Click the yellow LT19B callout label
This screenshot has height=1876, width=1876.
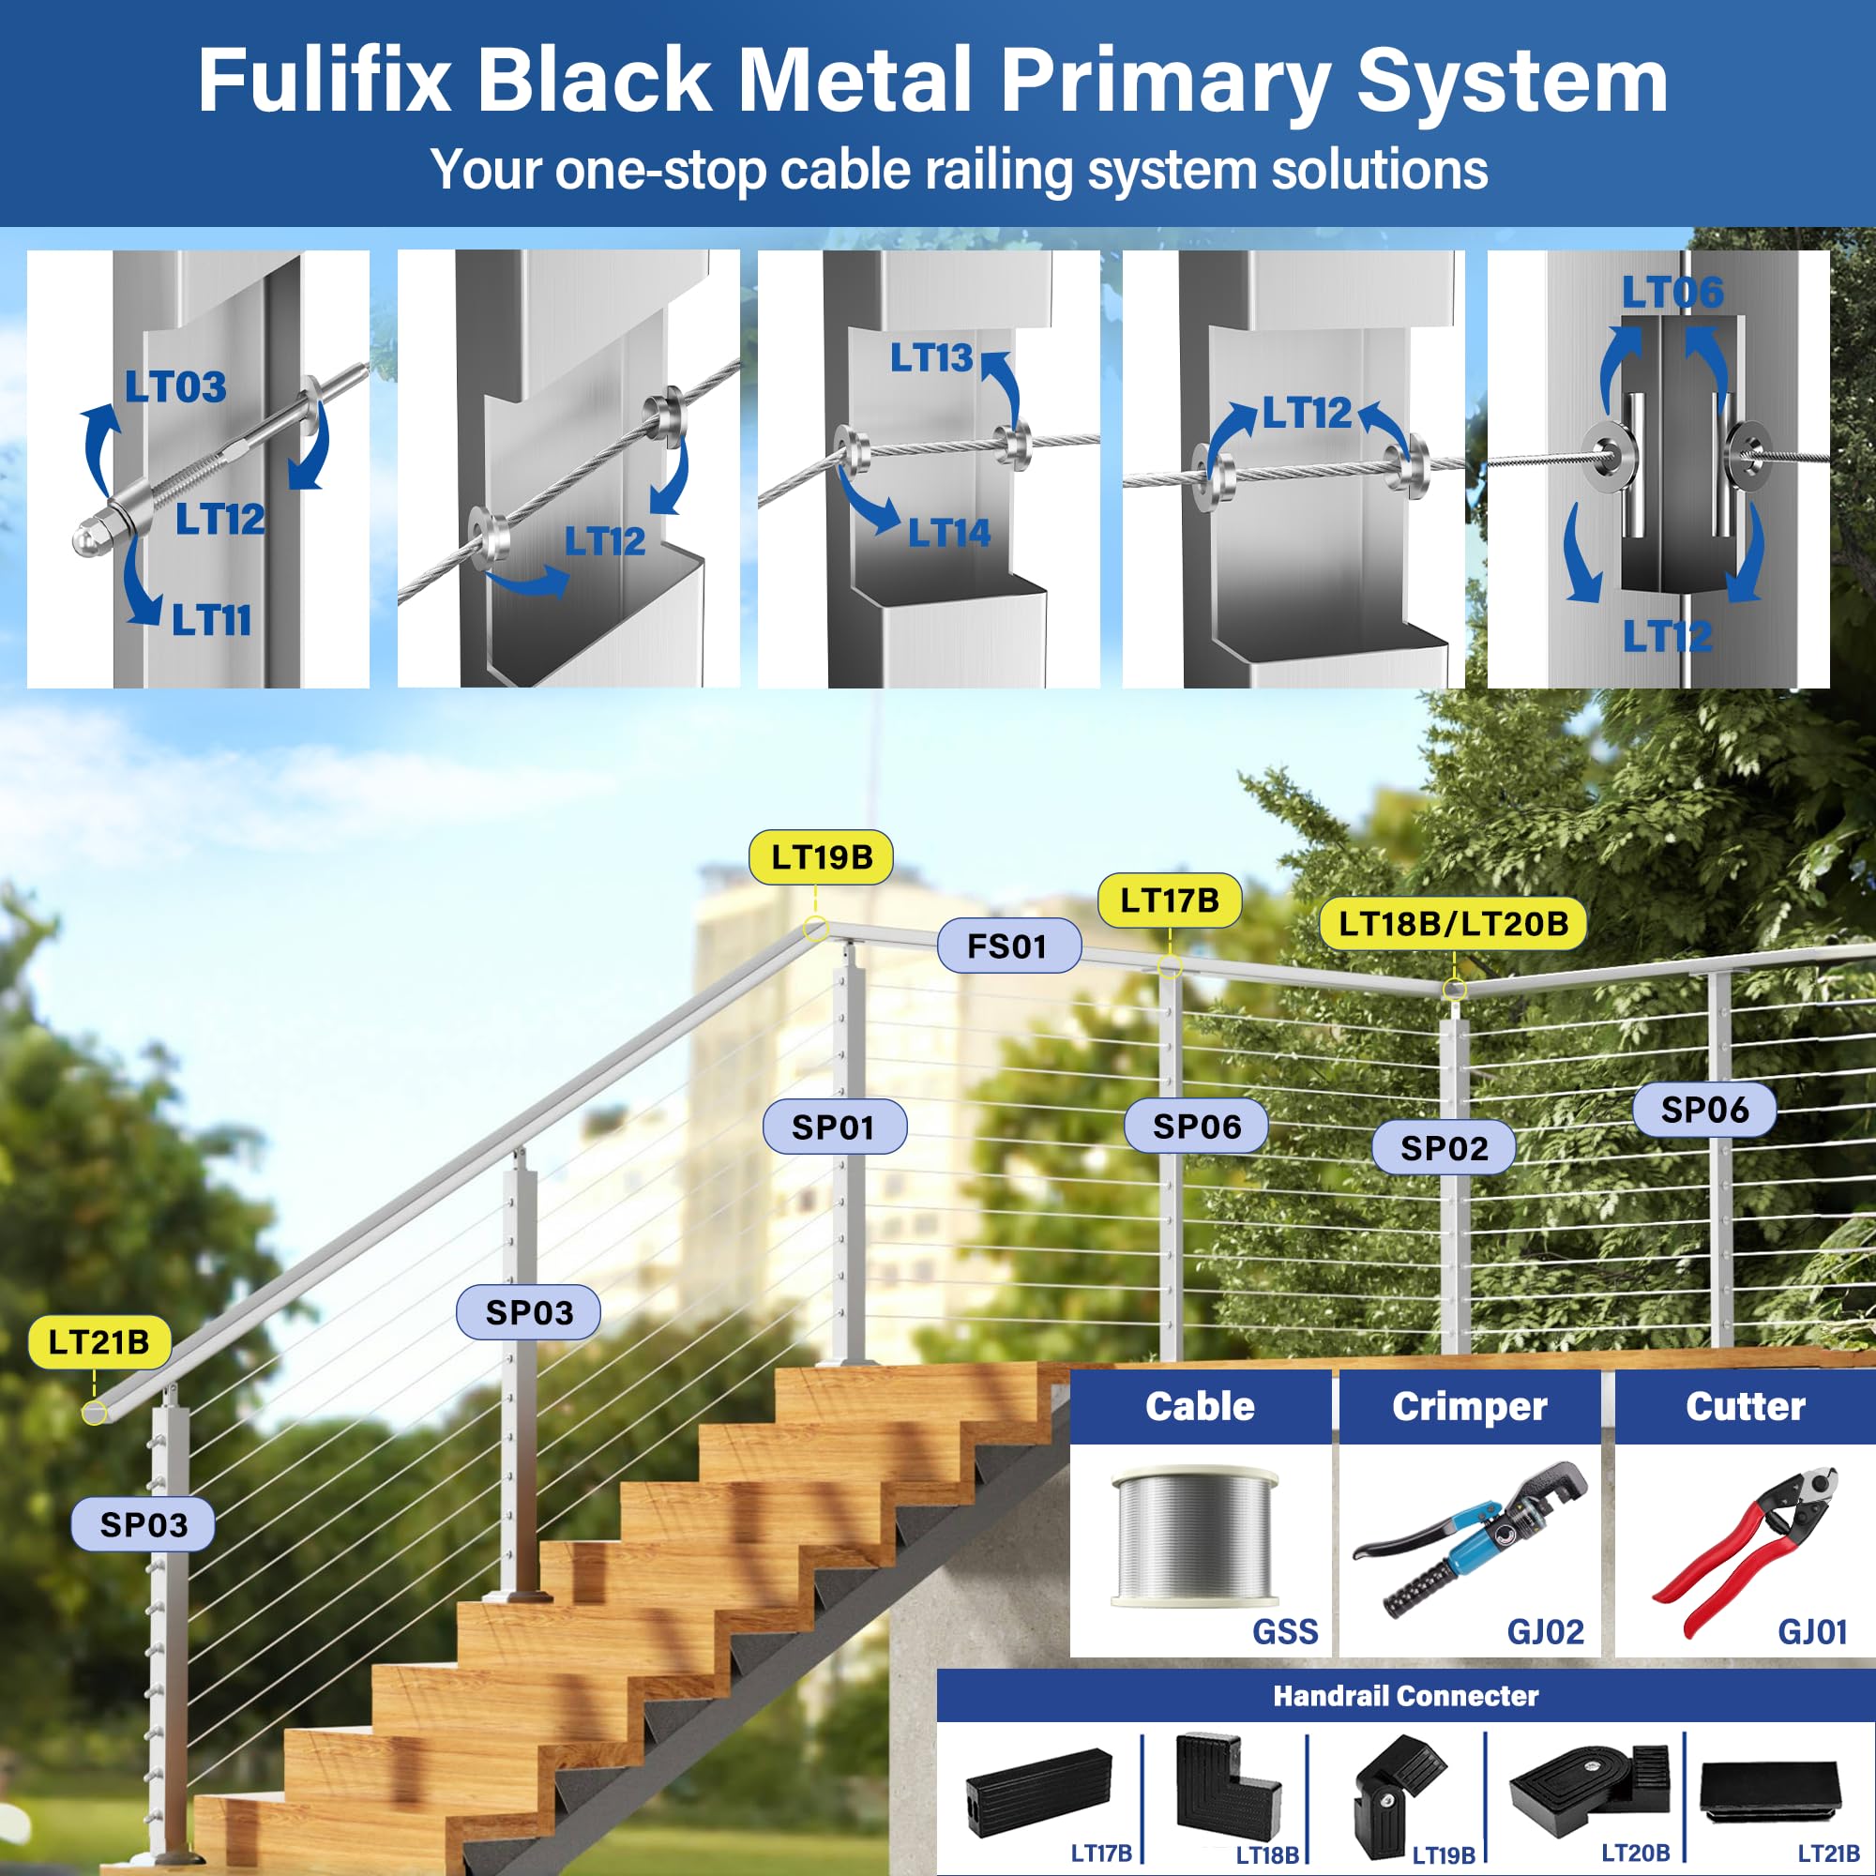tap(821, 857)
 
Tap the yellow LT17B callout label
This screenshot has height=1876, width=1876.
tap(1169, 900)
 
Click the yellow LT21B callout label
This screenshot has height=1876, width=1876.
tap(99, 1342)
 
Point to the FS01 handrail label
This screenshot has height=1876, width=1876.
tap(1008, 946)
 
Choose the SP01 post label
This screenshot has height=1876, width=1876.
tap(834, 1127)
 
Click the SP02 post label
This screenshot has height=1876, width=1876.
tap(1443, 1148)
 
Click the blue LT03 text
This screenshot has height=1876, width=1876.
tap(175, 387)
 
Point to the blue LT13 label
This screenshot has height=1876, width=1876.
tap(930, 358)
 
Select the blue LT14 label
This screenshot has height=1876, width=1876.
tap(948, 533)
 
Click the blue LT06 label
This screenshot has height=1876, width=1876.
tap(1672, 293)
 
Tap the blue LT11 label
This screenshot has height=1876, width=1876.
tap(211, 620)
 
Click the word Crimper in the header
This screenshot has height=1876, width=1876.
tap(1469, 1407)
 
